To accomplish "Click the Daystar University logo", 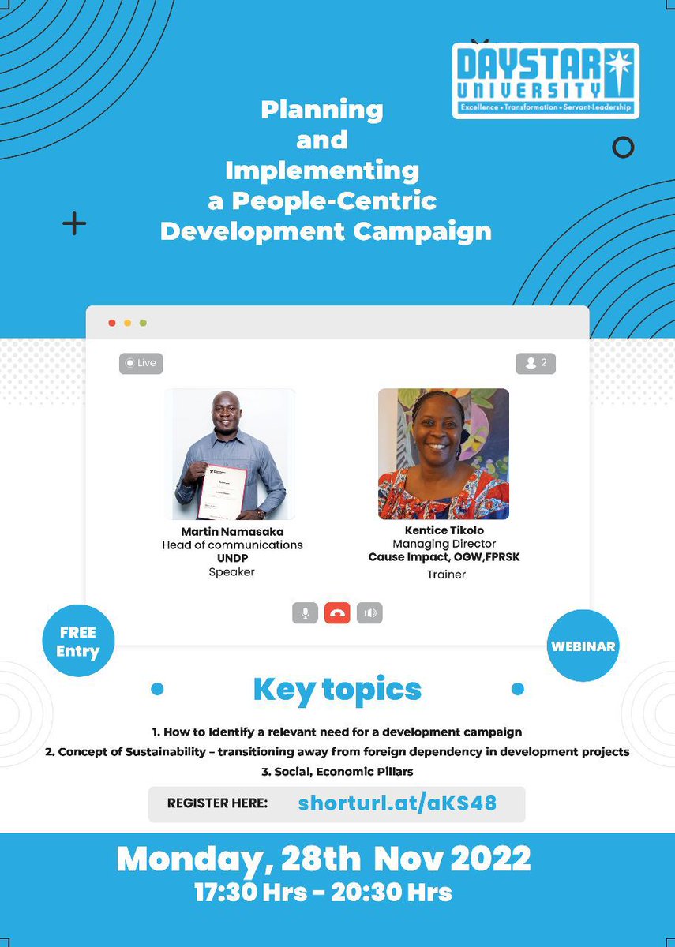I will point(546,80).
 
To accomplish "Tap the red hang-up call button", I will point(337,613).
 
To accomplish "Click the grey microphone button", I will point(305,613).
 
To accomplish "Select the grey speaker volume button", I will point(369,613).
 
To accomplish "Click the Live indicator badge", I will point(141,363).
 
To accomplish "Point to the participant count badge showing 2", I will point(535,363).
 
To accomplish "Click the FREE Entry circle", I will point(78,642).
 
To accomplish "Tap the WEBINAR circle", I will point(583,646).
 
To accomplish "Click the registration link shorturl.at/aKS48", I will point(397,803).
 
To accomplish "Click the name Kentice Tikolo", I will point(444,530).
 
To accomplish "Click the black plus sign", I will point(74,224).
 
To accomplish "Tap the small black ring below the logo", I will point(623,147).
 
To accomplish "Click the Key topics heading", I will point(337,689).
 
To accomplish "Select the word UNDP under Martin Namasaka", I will point(232,558).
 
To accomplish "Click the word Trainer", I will point(446,575).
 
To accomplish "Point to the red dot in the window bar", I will point(111,323).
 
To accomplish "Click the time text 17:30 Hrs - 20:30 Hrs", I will point(323,893).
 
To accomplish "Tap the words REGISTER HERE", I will point(217,803).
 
